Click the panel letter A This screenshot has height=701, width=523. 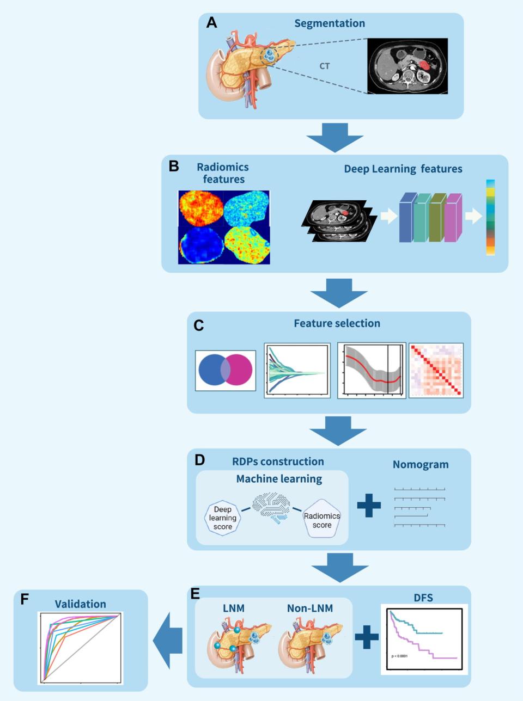tap(211, 23)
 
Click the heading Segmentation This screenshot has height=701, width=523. tap(330, 23)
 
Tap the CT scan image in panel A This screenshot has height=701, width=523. tap(408, 66)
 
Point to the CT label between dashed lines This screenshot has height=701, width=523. tap(325, 66)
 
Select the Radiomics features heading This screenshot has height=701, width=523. tap(223, 173)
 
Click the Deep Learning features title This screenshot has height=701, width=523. tap(403, 169)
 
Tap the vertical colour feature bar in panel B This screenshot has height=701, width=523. tap(490, 217)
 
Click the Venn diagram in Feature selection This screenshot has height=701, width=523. tap(226, 371)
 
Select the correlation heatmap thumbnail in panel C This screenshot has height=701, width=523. tap(436, 370)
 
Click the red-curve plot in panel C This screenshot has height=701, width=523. tap(372, 370)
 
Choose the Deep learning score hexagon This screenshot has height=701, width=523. tap(222, 518)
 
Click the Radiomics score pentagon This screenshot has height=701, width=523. tap(321, 520)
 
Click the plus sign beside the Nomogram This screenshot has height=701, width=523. tap(369, 506)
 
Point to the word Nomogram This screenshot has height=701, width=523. tap(421, 465)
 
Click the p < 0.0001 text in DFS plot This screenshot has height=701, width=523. tap(399, 656)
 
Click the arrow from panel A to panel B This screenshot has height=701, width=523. tap(335, 137)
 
